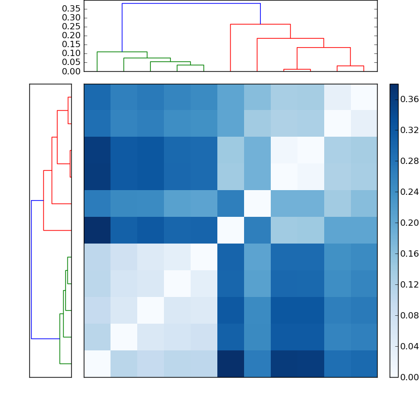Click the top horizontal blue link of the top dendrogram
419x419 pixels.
click(191, 4)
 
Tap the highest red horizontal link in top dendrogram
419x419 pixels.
click(260, 24)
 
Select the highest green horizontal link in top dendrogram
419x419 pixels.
click(122, 52)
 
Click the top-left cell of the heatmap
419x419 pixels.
click(97, 97)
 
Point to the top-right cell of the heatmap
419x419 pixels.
click(363, 97)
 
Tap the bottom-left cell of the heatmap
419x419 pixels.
click(97, 363)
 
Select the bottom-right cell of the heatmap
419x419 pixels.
click(363, 363)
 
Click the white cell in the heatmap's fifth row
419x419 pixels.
click(257, 204)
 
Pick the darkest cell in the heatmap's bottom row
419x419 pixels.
click(230, 363)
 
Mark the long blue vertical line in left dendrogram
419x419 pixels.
click(31, 270)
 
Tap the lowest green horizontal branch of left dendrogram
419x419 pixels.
click(65, 363)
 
